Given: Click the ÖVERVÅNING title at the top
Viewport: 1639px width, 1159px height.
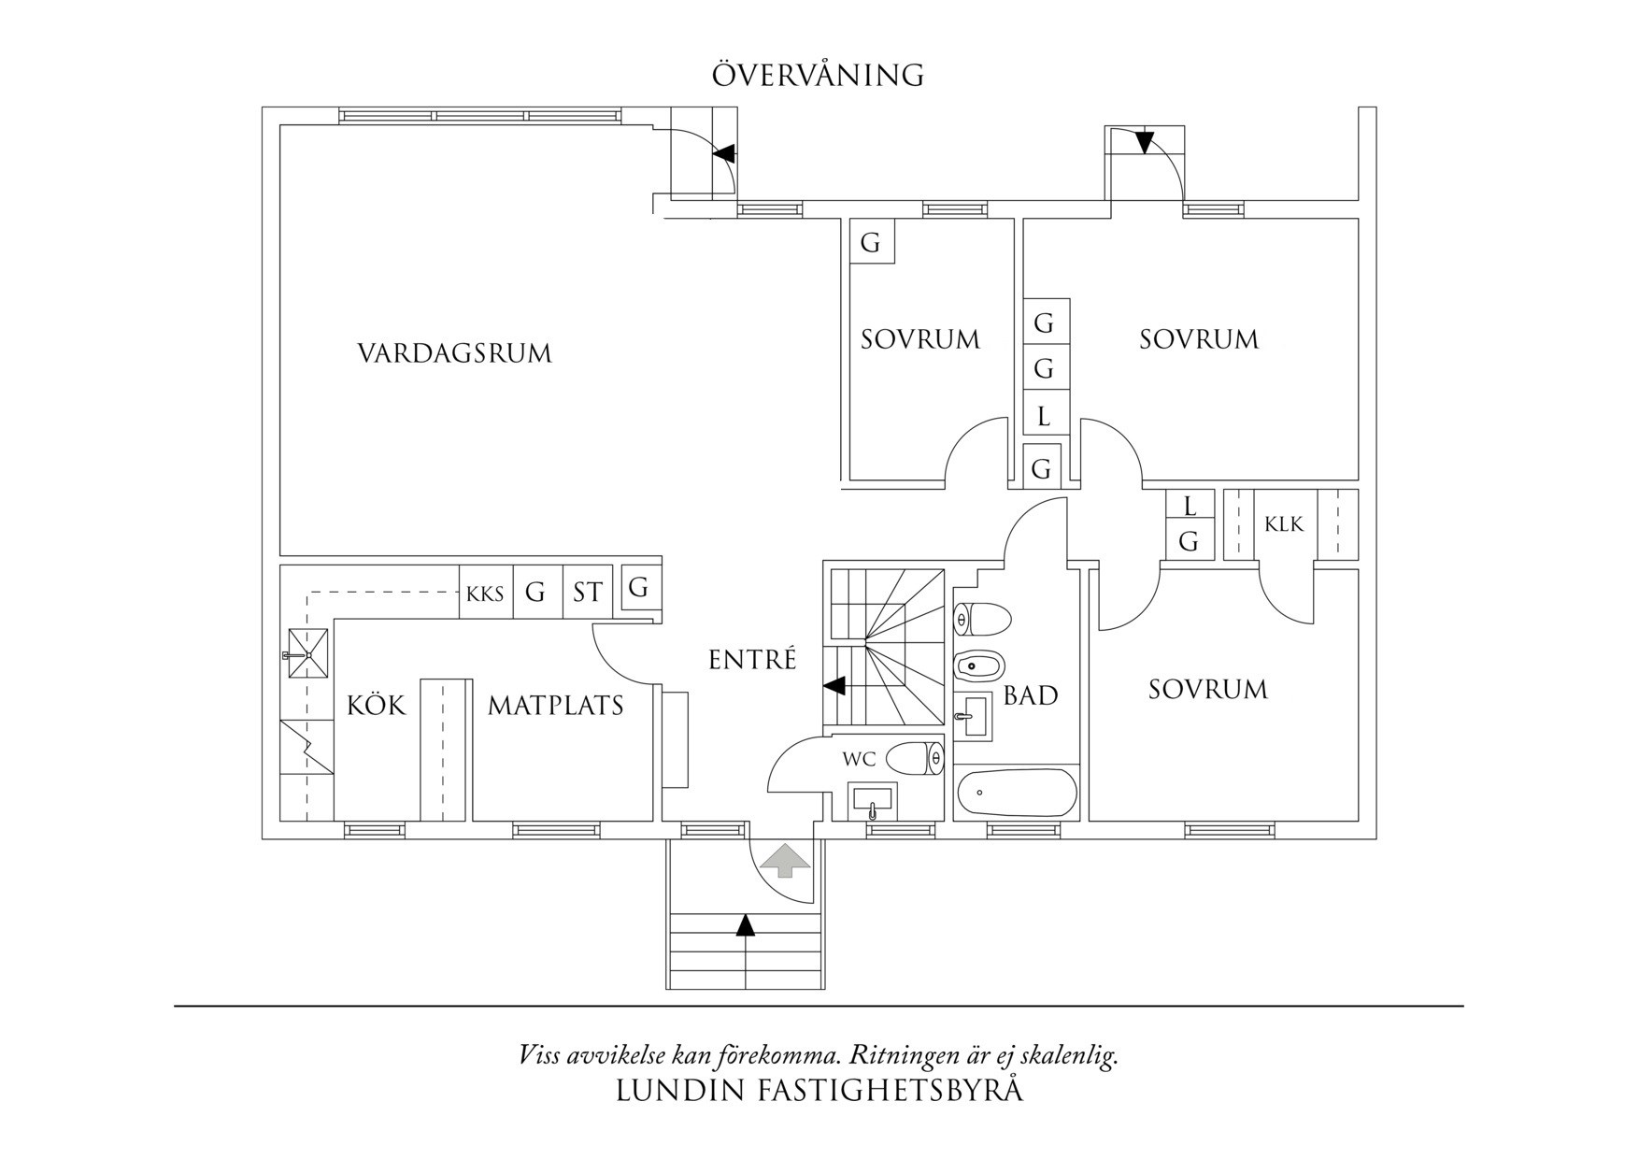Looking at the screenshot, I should click(818, 75).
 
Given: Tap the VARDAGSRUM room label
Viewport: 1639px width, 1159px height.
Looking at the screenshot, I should click(454, 353).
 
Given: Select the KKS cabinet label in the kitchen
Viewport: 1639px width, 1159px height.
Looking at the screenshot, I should click(485, 594).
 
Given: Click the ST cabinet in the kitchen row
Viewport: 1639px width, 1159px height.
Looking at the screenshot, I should click(587, 593).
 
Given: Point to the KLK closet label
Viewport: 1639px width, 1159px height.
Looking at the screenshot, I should click(1284, 524).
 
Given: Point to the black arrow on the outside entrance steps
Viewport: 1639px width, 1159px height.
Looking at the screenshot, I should click(745, 924).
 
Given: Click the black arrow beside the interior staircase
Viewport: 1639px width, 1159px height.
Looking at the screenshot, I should click(834, 686).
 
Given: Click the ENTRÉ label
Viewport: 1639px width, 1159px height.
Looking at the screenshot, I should click(752, 660).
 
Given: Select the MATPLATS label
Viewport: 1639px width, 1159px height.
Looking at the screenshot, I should click(555, 705).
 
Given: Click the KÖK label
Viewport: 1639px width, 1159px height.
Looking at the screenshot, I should click(377, 705).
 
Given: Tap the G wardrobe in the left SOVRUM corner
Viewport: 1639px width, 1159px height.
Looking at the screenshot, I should click(870, 243).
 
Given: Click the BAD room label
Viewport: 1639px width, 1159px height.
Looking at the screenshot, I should click(1030, 695).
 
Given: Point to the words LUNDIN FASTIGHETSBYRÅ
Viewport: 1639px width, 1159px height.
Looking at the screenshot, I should click(819, 1091).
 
